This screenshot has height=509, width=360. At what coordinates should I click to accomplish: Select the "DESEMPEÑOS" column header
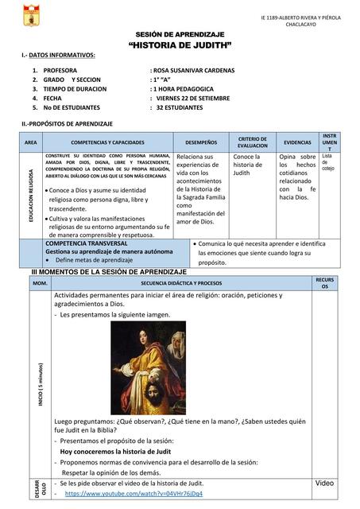pyautogui.click(x=201, y=142)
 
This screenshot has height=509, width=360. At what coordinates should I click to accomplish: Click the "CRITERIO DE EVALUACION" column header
pyautogui.click(x=253, y=142)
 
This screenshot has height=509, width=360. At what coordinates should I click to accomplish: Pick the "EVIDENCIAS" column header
pyautogui.click(x=297, y=142)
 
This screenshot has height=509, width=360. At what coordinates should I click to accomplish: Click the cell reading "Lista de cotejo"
pyautogui.click(x=329, y=162)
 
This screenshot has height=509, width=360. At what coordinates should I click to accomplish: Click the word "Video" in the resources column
pyautogui.click(x=324, y=484)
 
